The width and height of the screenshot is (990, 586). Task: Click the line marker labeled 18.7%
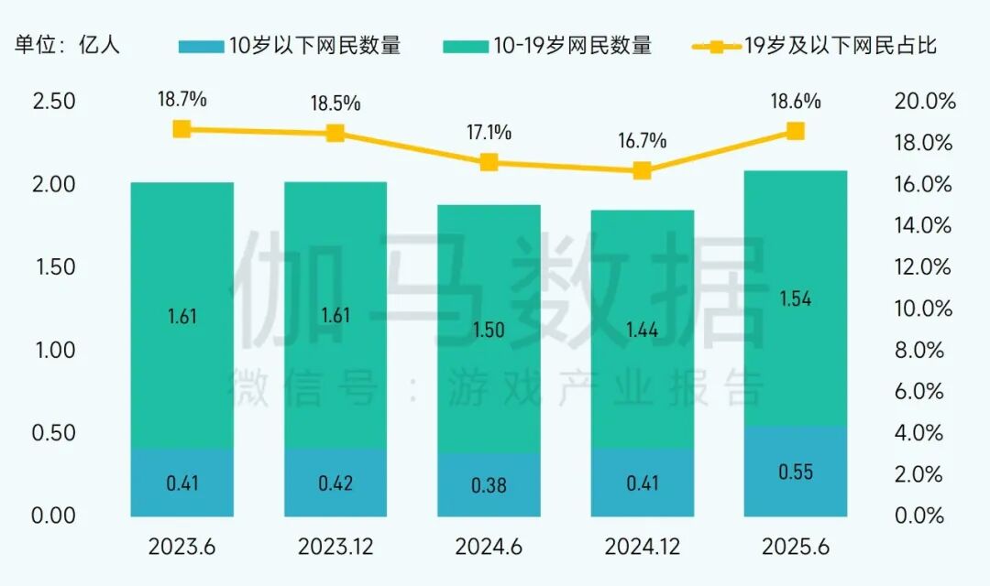tap(182, 129)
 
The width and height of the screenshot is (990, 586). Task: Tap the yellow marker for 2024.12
tap(643, 170)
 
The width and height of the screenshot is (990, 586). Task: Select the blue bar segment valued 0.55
tap(796, 472)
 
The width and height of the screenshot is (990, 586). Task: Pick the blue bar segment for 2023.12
tap(335, 483)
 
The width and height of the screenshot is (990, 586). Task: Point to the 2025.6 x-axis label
tap(795, 547)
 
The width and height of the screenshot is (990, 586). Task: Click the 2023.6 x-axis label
tap(181, 547)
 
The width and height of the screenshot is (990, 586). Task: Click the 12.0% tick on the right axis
tap(923, 267)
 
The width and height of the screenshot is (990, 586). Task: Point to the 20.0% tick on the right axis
tap(923, 102)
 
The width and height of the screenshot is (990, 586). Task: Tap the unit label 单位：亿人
tap(67, 45)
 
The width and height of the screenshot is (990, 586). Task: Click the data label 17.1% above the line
tap(489, 133)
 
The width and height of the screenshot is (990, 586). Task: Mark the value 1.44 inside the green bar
tap(643, 330)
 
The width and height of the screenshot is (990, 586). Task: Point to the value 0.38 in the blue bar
tap(489, 485)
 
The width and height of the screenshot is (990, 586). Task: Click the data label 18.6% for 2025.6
tap(796, 102)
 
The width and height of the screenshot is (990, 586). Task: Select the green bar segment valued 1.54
tap(796, 298)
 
